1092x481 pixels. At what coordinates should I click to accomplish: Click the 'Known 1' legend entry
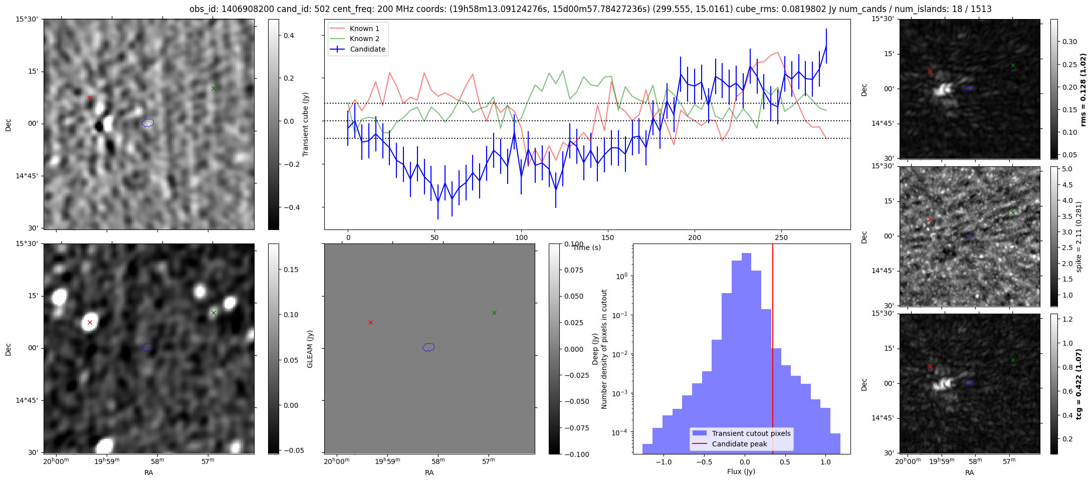pyautogui.click(x=364, y=29)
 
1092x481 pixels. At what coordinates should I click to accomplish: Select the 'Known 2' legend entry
pyautogui.click(x=364, y=39)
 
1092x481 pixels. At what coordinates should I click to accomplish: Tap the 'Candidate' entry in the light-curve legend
pyautogui.click(x=367, y=49)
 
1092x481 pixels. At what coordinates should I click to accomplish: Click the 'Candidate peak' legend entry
pyautogui.click(x=739, y=444)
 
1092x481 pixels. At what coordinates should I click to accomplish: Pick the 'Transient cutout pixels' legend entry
pyautogui.click(x=751, y=433)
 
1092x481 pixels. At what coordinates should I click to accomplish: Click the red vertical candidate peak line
pyautogui.click(x=773, y=351)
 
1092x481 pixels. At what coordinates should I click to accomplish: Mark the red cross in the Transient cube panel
pyautogui.click(x=90, y=98)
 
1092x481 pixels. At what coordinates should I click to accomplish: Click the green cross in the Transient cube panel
pyautogui.click(x=213, y=88)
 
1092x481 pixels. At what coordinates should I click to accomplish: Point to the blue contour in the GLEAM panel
pyautogui.click(x=428, y=347)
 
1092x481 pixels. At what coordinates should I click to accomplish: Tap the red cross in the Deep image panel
pyautogui.click(x=90, y=322)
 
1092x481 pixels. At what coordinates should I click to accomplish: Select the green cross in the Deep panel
pyautogui.click(x=213, y=313)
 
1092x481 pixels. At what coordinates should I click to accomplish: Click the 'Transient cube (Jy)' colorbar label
pyautogui.click(x=305, y=124)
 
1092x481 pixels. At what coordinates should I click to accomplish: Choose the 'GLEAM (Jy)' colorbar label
pyautogui.click(x=310, y=349)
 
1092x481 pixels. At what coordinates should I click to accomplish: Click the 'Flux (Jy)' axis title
pyautogui.click(x=741, y=471)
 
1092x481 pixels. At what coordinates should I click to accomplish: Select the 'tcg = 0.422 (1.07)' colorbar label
pyautogui.click(x=1078, y=384)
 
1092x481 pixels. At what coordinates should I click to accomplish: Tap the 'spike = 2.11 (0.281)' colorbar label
pyautogui.click(x=1078, y=236)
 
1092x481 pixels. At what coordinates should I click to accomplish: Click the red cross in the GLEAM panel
pyautogui.click(x=370, y=322)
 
